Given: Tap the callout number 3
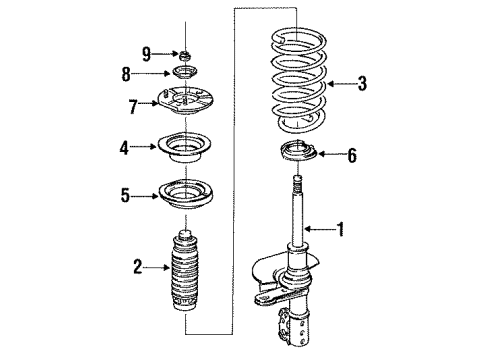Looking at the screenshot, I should (361, 85).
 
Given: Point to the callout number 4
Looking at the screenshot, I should (124, 147).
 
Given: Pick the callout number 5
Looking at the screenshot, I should (124, 196).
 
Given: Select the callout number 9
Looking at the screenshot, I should (145, 53).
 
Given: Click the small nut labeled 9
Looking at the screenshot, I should (185, 54).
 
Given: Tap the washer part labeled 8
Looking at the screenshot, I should (185, 74).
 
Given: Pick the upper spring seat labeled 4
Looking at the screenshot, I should (185, 147).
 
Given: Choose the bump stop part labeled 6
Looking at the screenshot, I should (295, 155).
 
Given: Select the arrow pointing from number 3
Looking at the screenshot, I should (339, 85).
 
